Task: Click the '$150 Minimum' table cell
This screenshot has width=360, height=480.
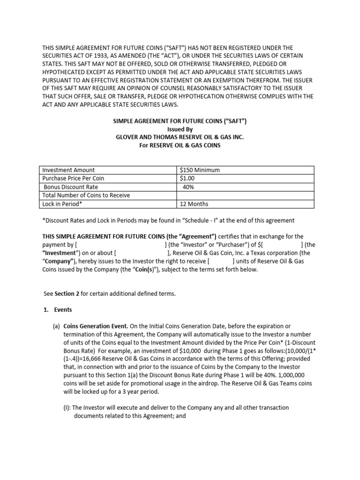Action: tap(200, 170)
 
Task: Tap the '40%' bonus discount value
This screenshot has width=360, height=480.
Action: tap(188, 187)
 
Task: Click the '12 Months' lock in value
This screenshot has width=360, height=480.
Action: tap(194, 204)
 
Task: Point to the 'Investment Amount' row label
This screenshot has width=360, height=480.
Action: tap(68, 170)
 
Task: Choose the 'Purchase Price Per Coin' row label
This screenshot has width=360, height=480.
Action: tap(74, 179)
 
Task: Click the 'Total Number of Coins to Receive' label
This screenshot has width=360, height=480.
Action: tap(86, 195)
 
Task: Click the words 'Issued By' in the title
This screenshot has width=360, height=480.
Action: tap(180, 129)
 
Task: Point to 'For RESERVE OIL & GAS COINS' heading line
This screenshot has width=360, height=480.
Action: tap(180, 145)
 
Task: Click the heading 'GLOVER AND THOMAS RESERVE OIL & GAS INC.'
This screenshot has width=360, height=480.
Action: tap(180, 137)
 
